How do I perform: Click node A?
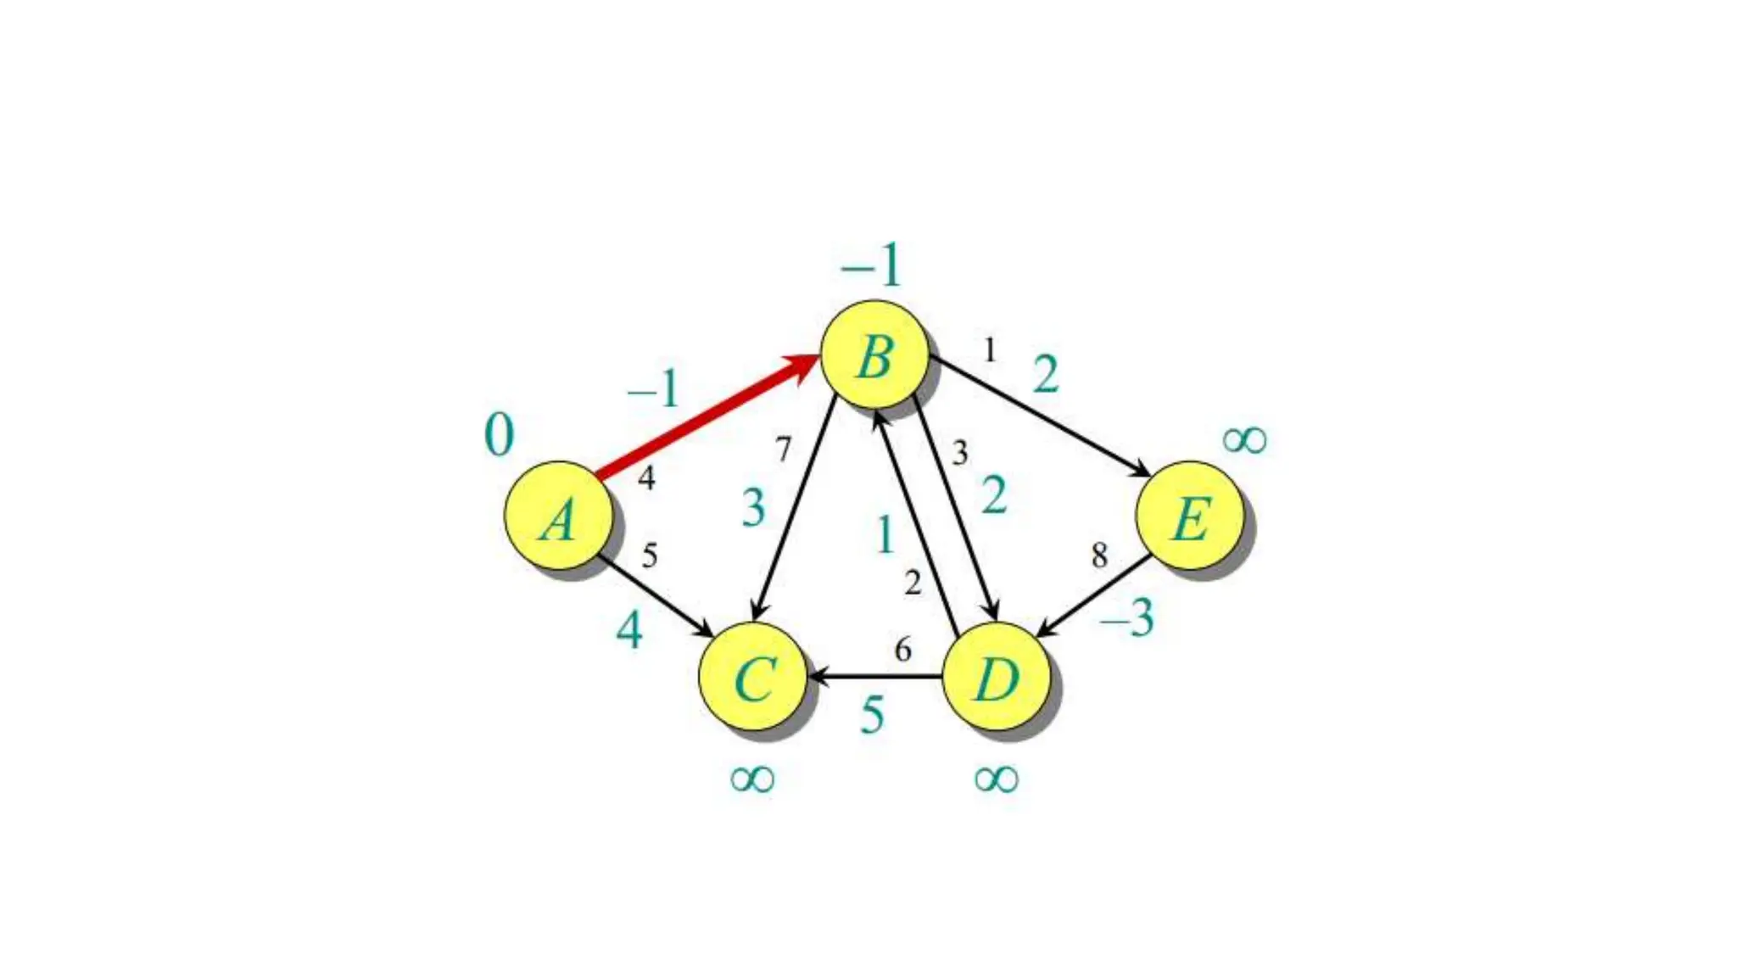point(558,516)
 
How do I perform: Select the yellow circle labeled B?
point(874,355)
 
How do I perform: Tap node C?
point(753,677)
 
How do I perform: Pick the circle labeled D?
point(997,677)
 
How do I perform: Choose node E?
point(1190,516)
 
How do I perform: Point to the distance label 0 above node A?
point(499,435)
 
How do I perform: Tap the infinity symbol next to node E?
point(1244,440)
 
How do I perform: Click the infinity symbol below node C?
point(752,779)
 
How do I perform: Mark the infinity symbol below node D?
point(996,779)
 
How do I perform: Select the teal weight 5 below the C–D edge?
point(872,715)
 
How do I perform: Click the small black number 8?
point(1099,555)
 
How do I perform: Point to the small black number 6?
point(903,650)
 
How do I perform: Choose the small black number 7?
point(783,449)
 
